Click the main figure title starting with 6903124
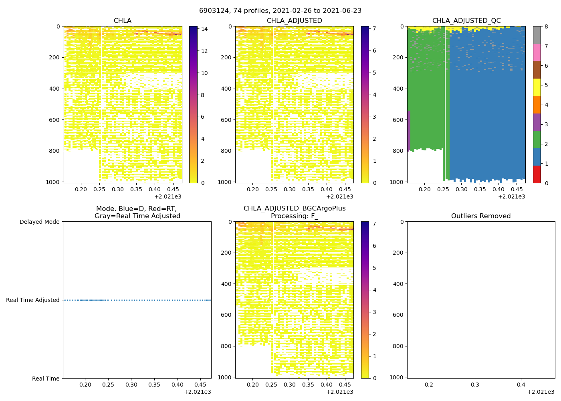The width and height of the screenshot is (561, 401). coord(280,11)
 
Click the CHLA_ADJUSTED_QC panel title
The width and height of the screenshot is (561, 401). coord(466,21)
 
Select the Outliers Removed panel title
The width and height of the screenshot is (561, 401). coord(480,216)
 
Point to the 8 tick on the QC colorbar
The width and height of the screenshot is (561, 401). coord(546,26)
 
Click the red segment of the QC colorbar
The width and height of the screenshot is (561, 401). coord(537,174)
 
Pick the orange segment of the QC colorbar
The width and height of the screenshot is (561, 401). coord(537,105)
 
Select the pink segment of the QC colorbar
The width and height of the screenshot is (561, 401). coord(537,53)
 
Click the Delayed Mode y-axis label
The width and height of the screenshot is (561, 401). coord(39,222)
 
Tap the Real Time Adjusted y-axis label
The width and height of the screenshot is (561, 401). coord(33,300)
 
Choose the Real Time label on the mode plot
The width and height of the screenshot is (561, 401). coord(46,379)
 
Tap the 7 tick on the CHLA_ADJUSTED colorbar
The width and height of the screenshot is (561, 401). coord(375,29)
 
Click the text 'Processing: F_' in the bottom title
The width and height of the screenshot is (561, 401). coord(294,216)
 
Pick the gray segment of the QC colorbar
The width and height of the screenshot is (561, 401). coord(537,35)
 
